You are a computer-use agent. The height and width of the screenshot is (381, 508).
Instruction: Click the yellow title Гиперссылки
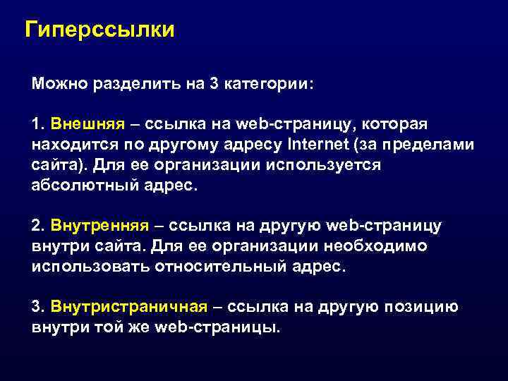coord(99,30)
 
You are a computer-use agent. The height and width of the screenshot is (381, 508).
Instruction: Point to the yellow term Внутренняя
coord(99,226)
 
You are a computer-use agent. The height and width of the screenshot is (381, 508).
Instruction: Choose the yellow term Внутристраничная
coord(129,307)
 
